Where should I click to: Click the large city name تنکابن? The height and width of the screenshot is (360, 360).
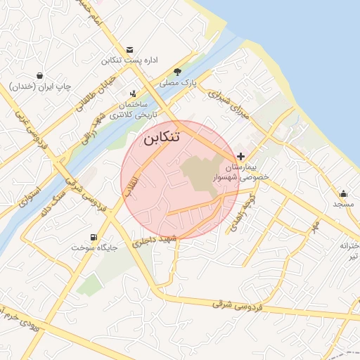tap(162, 137)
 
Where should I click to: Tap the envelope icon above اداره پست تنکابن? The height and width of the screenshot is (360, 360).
tap(129, 50)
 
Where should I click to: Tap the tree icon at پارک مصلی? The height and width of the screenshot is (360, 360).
tap(178, 72)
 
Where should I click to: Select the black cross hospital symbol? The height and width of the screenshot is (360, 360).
tap(241, 155)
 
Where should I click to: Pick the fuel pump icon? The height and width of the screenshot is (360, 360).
tap(94, 237)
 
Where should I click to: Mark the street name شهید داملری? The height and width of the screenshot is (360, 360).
tap(156, 241)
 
